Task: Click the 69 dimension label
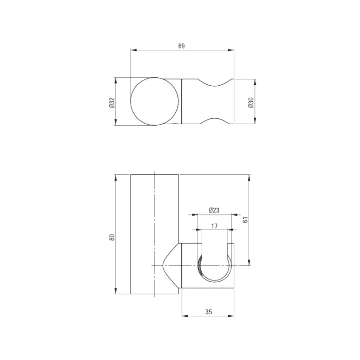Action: pos(181,46)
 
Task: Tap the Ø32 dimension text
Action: pos(112,103)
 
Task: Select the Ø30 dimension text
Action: pos(251,103)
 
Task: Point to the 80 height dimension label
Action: pos(112,237)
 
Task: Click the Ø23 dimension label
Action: pos(214,210)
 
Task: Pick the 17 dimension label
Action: pos(215,226)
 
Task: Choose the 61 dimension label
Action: pos(246,220)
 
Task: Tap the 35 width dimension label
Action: pos(209,312)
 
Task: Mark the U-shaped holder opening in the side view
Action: pos(215,282)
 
